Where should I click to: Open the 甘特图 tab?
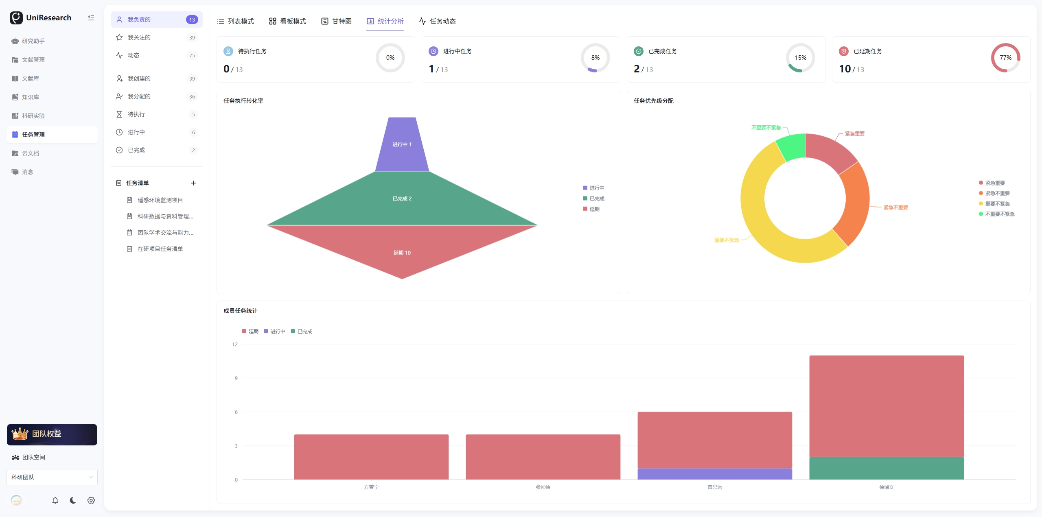click(x=336, y=21)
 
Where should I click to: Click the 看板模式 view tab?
click(x=287, y=21)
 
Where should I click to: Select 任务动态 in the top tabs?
click(x=437, y=21)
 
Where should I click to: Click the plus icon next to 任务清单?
click(x=193, y=183)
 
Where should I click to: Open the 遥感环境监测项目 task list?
click(x=160, y=200)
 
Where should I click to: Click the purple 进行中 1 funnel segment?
click(x=402, y=144)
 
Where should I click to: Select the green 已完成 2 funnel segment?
click(x=402, y=199)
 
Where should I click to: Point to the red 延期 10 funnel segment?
click(x=402, y=248)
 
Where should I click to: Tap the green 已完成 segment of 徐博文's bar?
click(x=887, y=468)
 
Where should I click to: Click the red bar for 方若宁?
click(x=371, y=457)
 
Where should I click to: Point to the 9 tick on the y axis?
click(x=236, y=378)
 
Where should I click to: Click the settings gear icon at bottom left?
click(x=91, y=500)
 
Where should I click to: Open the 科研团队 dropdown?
click(x=52, y=477)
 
